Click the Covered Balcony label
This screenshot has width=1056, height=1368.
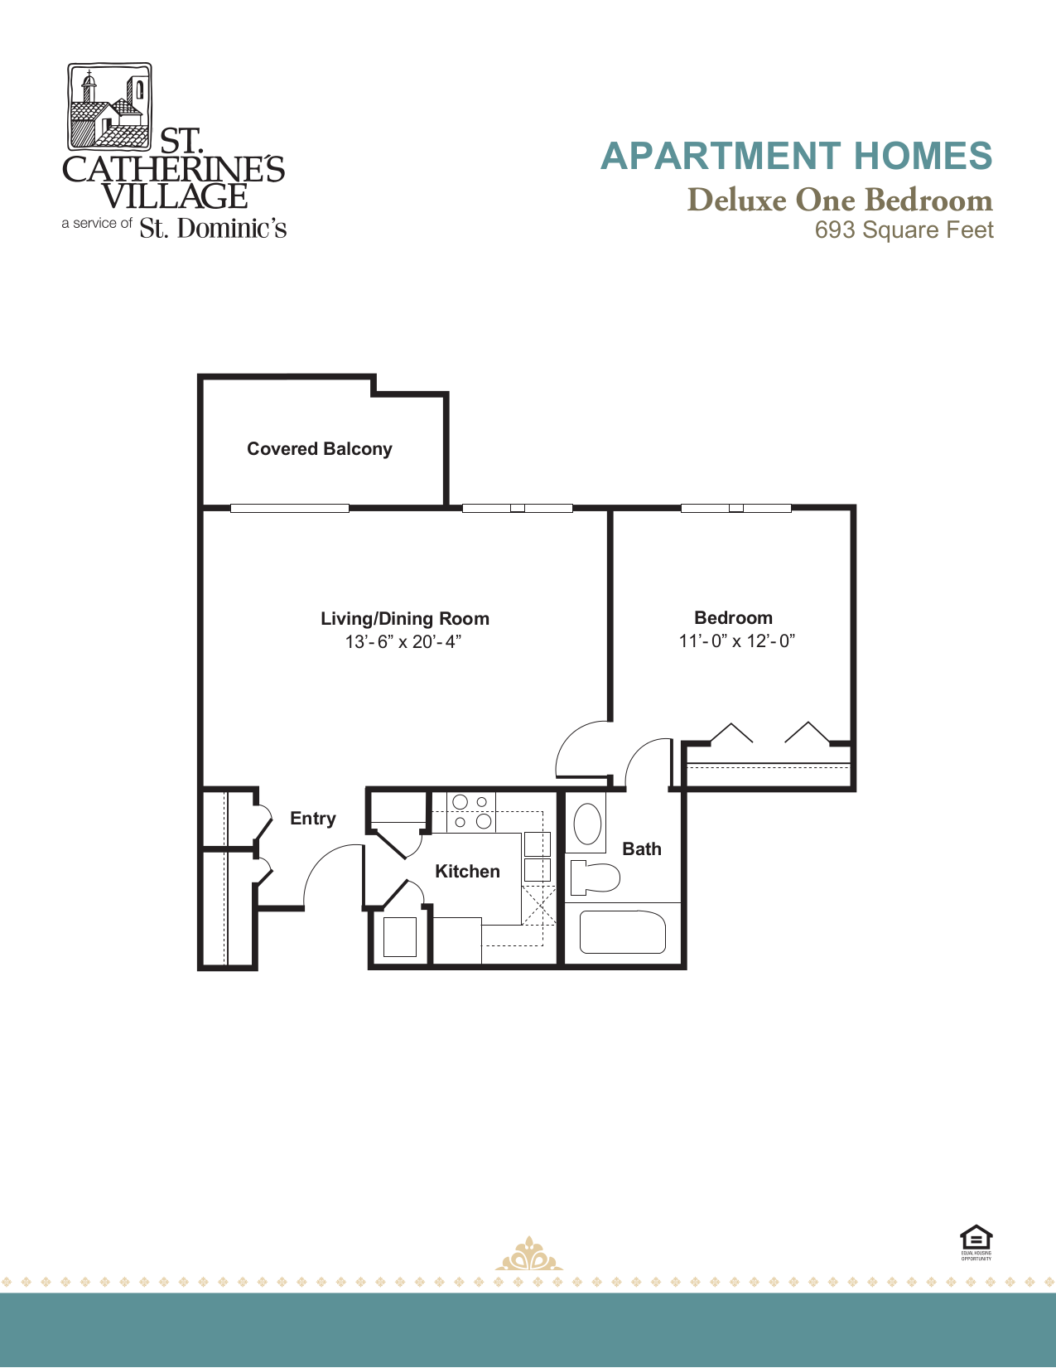point(319,449)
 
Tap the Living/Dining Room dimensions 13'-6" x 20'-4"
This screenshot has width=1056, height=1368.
point(403,642)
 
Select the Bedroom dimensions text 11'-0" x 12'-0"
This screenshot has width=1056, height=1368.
point(736,641)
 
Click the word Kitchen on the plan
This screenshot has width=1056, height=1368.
point(467,872)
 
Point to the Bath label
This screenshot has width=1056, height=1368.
point(641,849)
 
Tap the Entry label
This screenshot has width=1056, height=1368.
point(312,819)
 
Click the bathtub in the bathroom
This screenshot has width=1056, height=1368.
point(622,933)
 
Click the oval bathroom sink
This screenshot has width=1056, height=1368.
point(587,824)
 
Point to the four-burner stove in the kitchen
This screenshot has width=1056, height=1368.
point(471,812)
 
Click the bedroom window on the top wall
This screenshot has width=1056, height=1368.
point(735,508)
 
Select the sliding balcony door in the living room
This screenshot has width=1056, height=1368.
point(289,508)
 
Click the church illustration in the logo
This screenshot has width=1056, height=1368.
point(108,108)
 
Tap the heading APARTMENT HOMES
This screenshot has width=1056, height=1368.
point(796,157)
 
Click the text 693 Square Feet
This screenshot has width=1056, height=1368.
point(904,230)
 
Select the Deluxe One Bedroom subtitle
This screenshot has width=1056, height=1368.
point(839,200)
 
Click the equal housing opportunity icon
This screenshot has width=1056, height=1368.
point(976,1240)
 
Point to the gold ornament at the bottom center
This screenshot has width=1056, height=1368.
point(528,1255)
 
